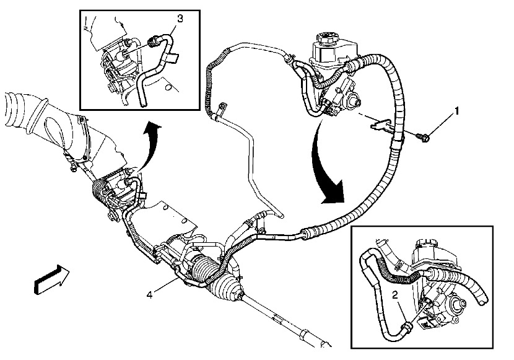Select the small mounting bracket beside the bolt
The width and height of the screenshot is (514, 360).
pos(380,126)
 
